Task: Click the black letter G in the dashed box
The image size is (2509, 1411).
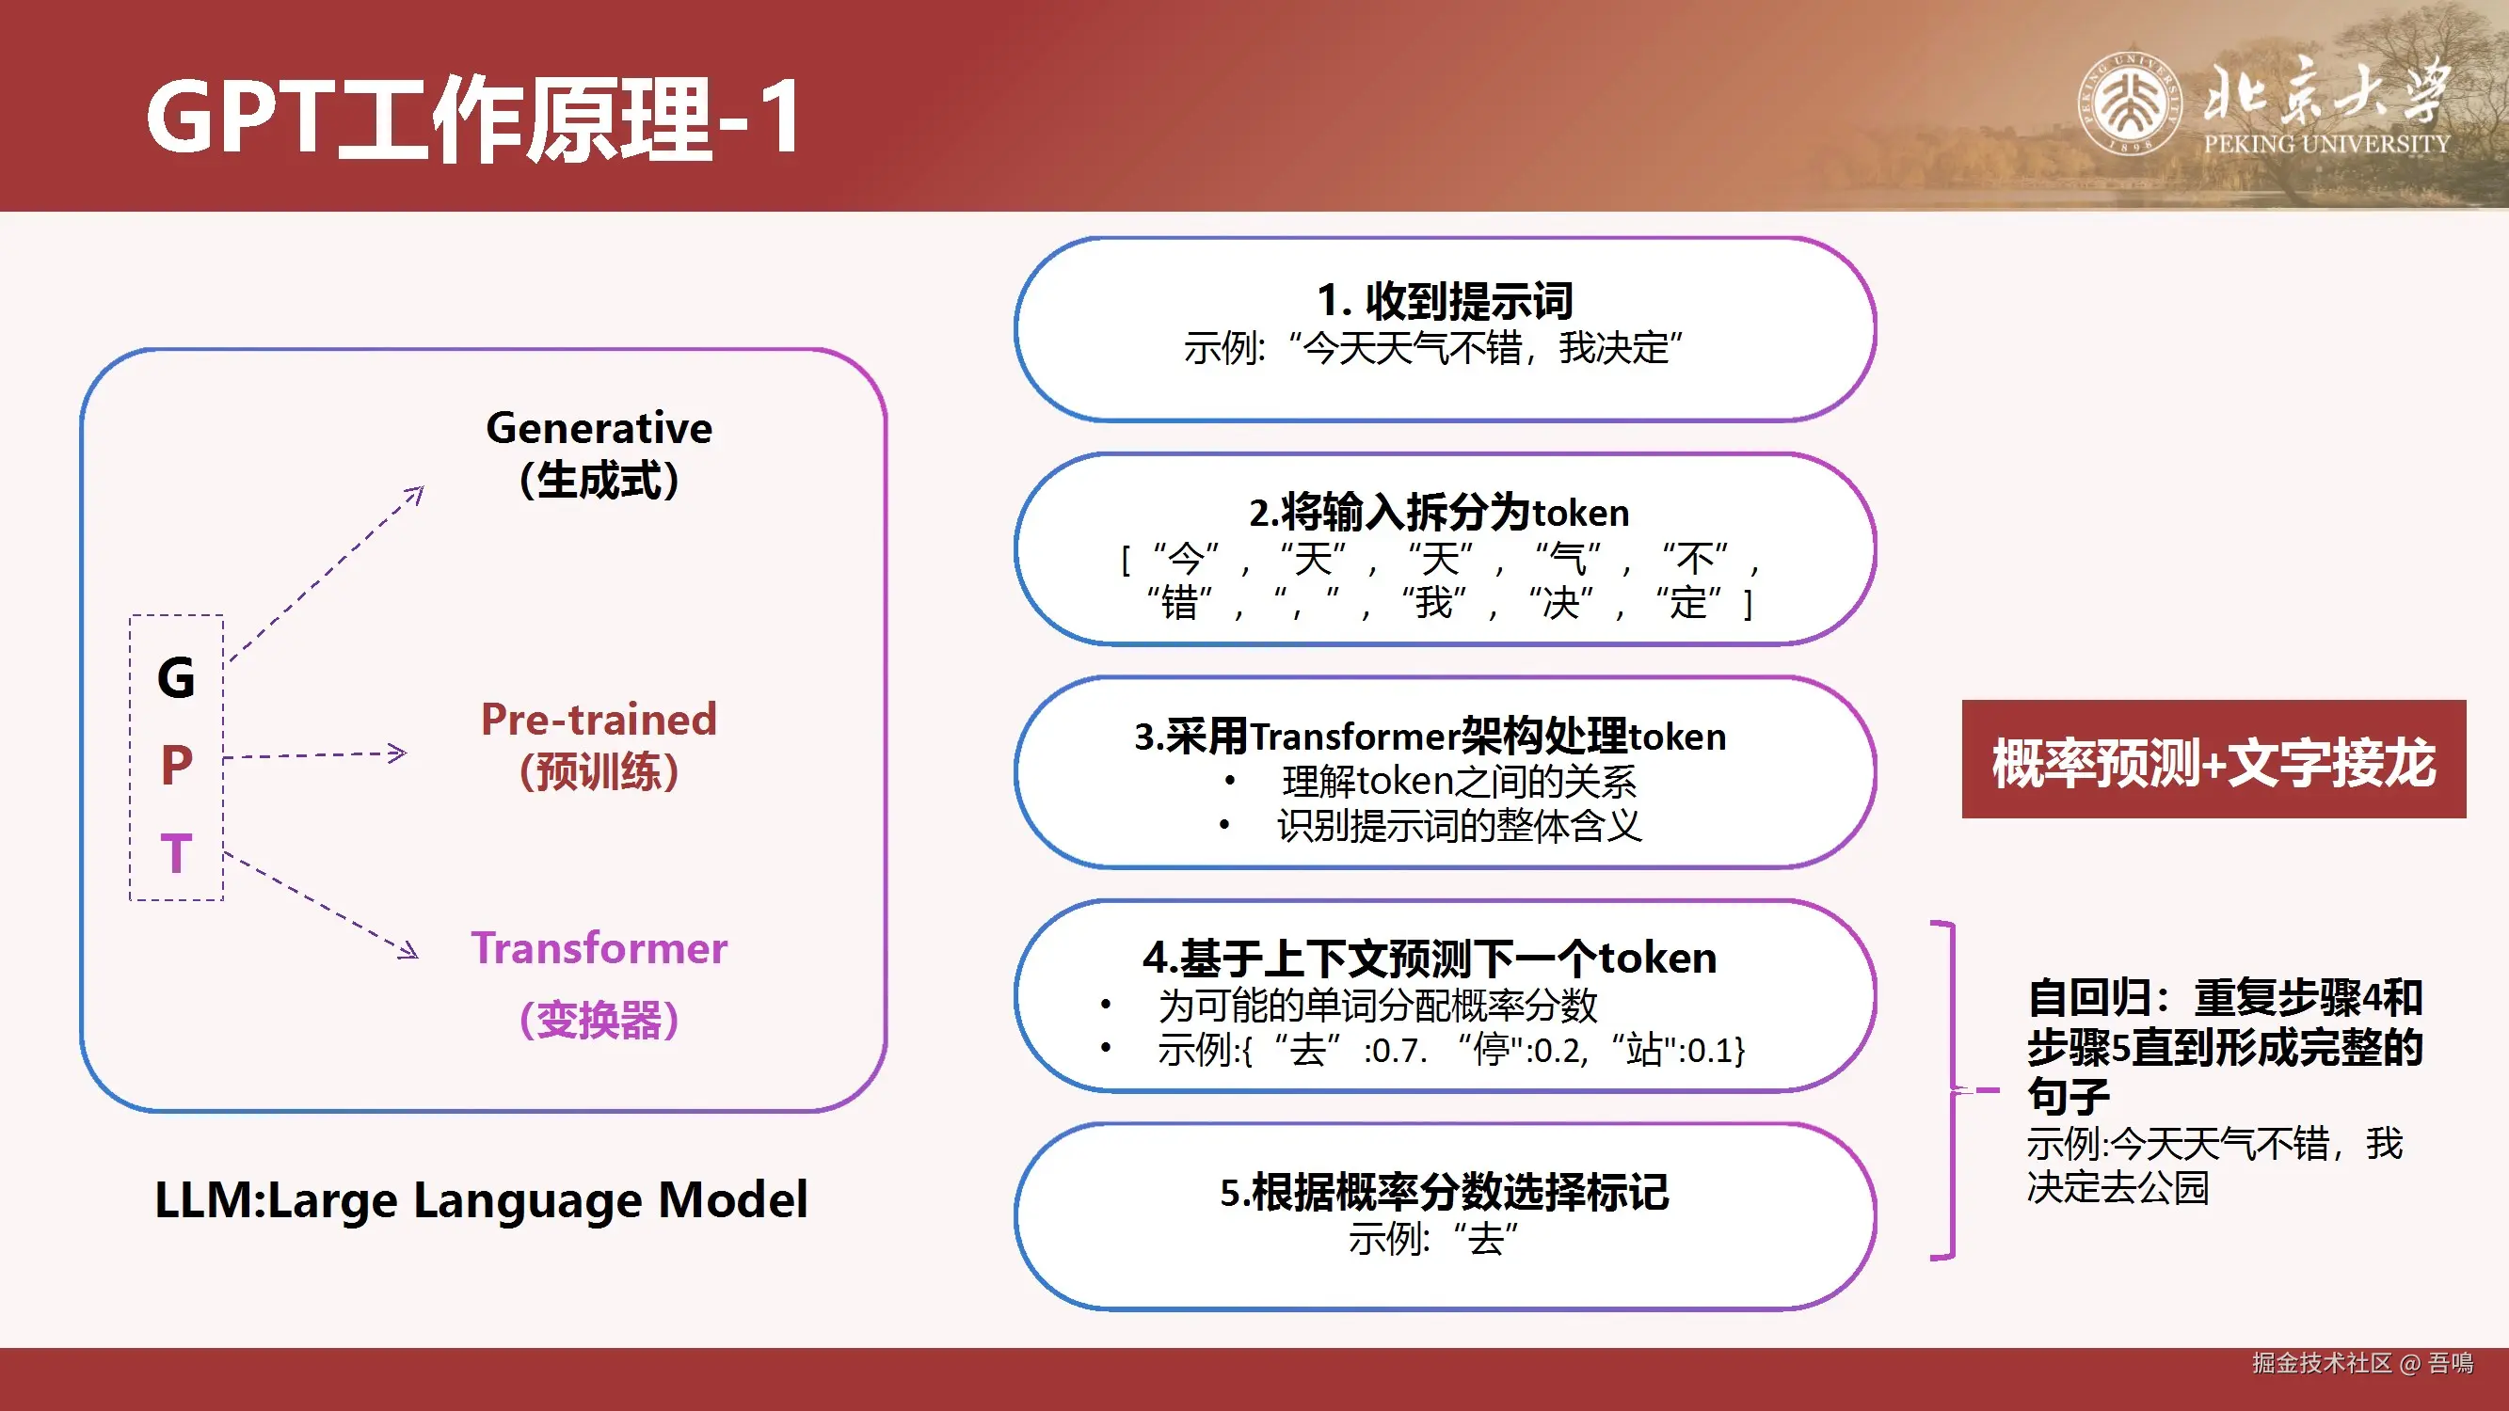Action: (x=176, y=676)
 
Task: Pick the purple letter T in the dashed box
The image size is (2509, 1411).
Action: (x=176, y=853)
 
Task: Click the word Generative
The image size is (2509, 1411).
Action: (x=599, y=427)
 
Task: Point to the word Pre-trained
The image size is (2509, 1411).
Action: (x=599, y=720)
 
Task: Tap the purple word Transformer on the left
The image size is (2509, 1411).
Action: (x=599, y=948)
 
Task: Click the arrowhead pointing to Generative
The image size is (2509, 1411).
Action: (x=415, y=495)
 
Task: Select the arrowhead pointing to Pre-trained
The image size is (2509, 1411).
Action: (x=397, y=753)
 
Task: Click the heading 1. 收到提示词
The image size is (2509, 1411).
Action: (x=1445, y=300)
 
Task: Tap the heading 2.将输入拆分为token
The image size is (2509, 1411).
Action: (x=1440, y=513)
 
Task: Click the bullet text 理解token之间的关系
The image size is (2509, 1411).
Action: (x=1459, y=781)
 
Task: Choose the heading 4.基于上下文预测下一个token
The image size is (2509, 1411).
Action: (x=1430, y=958)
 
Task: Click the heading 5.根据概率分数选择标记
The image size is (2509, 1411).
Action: (x=1445, y=1192)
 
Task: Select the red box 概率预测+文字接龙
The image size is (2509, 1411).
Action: (x=2213, y=758)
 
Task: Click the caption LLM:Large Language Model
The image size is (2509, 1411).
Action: (x=481, y=1199)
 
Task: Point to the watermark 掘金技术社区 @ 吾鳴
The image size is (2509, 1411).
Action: (x=2363, y=1362)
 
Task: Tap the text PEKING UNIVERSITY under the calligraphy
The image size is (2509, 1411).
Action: (x=2326, y=144)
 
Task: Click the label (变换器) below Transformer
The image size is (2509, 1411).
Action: (x=599, y=1020)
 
